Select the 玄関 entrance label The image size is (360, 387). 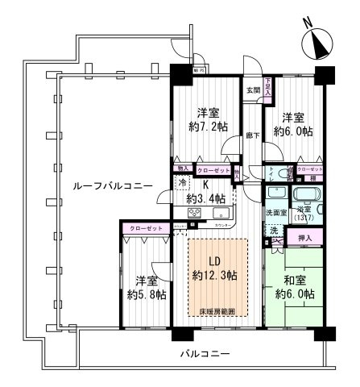253,90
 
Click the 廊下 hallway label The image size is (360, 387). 253,135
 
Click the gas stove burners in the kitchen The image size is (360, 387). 194,214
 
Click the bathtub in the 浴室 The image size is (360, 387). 307,196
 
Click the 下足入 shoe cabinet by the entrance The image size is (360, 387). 267,83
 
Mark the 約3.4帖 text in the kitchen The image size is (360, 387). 200,198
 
